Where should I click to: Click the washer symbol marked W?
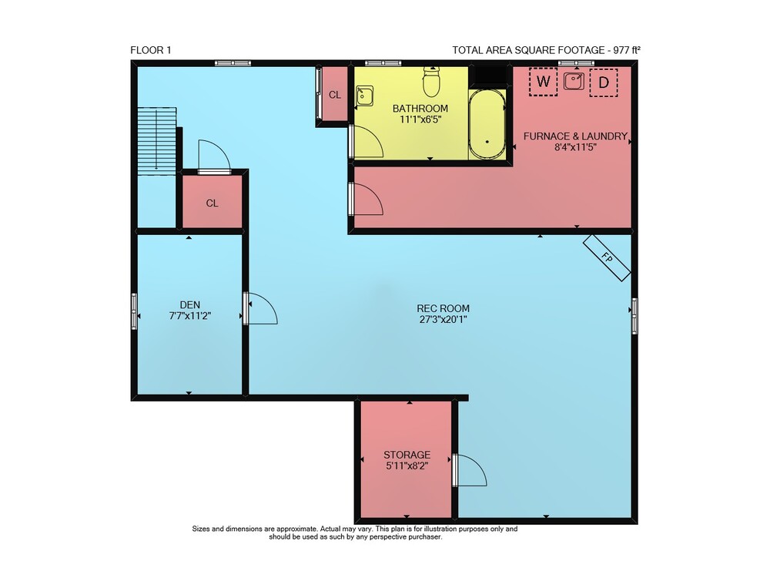543,82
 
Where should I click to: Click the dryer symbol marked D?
604,82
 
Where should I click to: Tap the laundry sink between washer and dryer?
574,81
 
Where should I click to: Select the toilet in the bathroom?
431,82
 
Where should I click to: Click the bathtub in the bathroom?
487,124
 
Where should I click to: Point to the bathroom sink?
364,96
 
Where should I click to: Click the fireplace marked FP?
607,257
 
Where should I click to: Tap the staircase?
156,141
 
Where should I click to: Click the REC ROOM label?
443,308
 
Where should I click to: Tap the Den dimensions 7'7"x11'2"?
190,316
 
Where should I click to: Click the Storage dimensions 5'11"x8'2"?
407,465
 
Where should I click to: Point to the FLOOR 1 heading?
151,50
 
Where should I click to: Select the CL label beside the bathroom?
335,95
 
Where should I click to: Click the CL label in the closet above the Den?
213,203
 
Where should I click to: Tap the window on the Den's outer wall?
134,311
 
